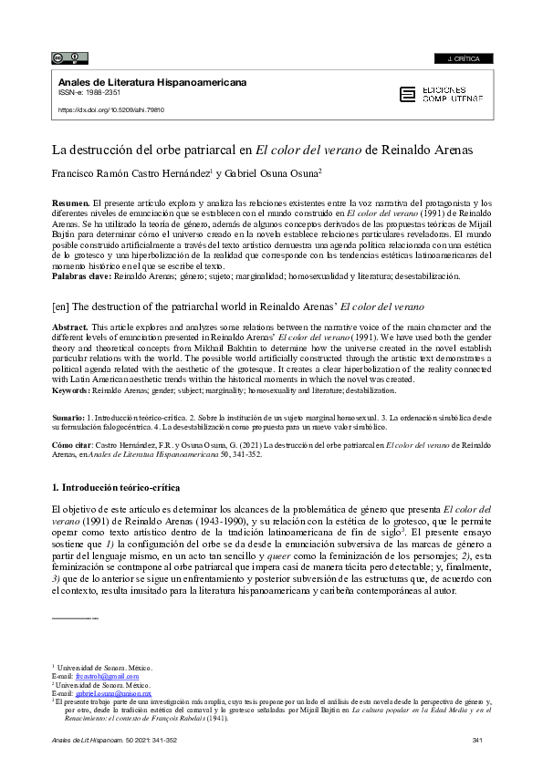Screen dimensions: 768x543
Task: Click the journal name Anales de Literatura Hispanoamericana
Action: (x=152, y=82)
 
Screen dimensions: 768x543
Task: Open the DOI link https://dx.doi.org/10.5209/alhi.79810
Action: (x=112, y=109)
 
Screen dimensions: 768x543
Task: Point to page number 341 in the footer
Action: (x=477, y=740)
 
